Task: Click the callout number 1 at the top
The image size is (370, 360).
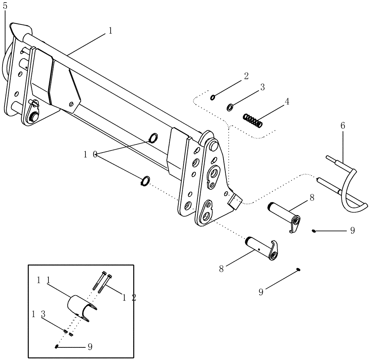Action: [110, 31]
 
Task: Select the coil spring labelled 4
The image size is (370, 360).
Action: [253, 121]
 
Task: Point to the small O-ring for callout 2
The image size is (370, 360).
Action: [213, 97]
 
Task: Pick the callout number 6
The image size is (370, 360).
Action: [343, 126]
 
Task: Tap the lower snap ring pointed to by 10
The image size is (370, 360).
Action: [145, 181]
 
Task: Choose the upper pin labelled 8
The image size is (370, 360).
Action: [285, 215]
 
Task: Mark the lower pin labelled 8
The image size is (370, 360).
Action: [261, 247]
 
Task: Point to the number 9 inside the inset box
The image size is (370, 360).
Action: [90, 347]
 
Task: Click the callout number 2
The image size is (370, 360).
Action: [246, 76]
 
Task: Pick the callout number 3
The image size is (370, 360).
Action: [262, 87]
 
